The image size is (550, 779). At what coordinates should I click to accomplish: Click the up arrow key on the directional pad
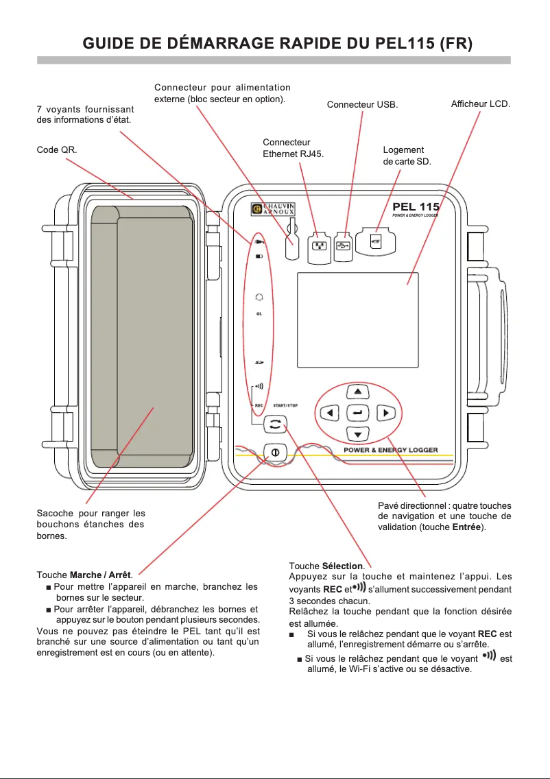click(x=357, y=392)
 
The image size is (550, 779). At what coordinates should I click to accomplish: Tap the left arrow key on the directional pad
click(x=331, y=413)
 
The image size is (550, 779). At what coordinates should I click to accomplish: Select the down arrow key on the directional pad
click(x=357, y=434)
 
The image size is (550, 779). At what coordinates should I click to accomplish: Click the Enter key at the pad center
click(x=357, y=413)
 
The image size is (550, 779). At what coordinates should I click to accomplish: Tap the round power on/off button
click(x=274, y=453)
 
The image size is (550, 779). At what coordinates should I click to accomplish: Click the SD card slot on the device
click(x=376, y=241)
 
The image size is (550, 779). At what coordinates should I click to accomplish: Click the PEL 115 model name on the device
click(x=416, y=206)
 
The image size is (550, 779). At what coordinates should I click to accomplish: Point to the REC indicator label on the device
click(x=259, y=405)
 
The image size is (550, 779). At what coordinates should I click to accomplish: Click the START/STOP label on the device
click(x=285, y=405)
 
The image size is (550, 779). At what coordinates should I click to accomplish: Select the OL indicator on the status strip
click(x=259, y=313)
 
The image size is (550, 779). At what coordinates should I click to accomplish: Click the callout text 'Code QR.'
click(x=57, y=149)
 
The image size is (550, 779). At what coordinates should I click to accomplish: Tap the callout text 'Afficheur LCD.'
click(x=480, y=104)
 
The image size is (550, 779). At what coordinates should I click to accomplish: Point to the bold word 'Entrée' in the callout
click(x=466, y=527)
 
